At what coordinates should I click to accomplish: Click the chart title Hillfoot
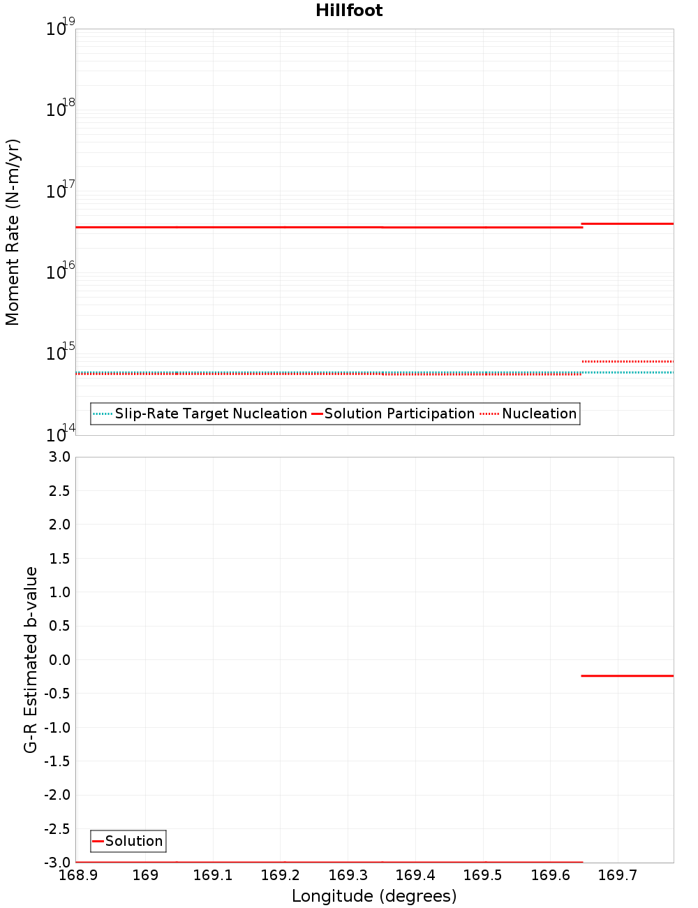pyautogui.click(x=349, y=10)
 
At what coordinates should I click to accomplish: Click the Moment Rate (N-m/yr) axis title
pyautogui.click(x=13, y=232)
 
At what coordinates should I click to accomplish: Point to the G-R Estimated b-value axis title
pyautogui.click(x=31, y=659)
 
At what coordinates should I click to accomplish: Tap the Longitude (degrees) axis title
pyautogui.click(x=374, y=896)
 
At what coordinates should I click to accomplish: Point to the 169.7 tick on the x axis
pyautogui.click(x=618, y=875)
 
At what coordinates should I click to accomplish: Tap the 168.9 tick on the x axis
pyautogui.click(x=77, y=875)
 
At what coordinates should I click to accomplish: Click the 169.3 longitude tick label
pyautogui.click(x=348, y=875)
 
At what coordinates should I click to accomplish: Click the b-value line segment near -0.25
pyautogui.click(x=627, y=675)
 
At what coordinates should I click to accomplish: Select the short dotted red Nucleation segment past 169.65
pyautogui.click(x=627, y=361)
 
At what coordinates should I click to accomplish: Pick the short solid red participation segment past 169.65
pyautogui.click(x=627, y=224)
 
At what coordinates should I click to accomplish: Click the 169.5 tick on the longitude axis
pyautogui.click(x=482, y=875)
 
